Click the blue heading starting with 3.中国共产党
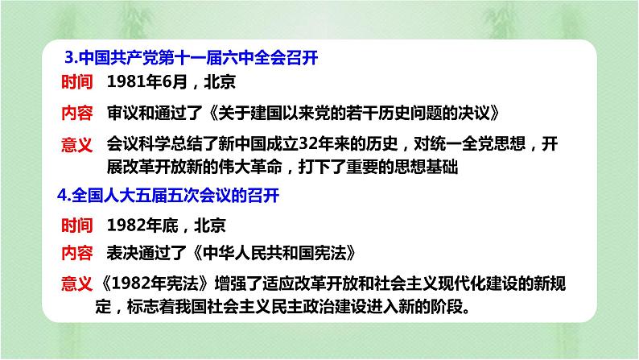(x=191, y=57)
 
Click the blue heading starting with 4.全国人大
(x=168, y=195)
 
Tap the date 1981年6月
(x=146, y=82)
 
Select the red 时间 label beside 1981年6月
(x=77, y=82)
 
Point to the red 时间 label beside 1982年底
(x=77, y=225)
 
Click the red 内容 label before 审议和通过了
(x=77, y=113)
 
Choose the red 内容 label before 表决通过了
(x=77, y=253)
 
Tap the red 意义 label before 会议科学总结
(x=77, y=144)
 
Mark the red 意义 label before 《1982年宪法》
(x=77, y=283)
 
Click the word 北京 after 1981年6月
(x=220, y=82)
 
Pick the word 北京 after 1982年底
(x=210, y=225)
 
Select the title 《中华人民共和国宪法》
(x=274, y=253)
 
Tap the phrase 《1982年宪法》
(x=154, y=283)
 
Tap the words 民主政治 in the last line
(x=303, y=307)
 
